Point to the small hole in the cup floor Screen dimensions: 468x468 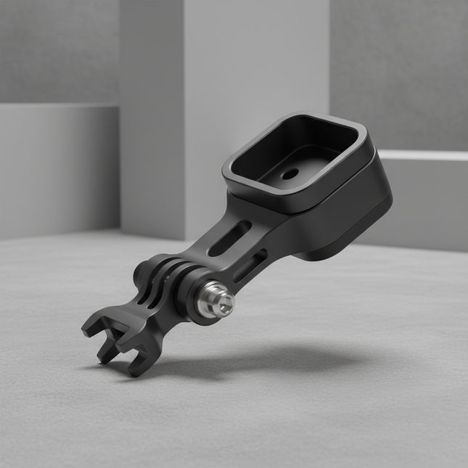290,174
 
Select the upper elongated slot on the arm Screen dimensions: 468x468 229,239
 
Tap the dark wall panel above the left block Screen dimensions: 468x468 58,51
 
